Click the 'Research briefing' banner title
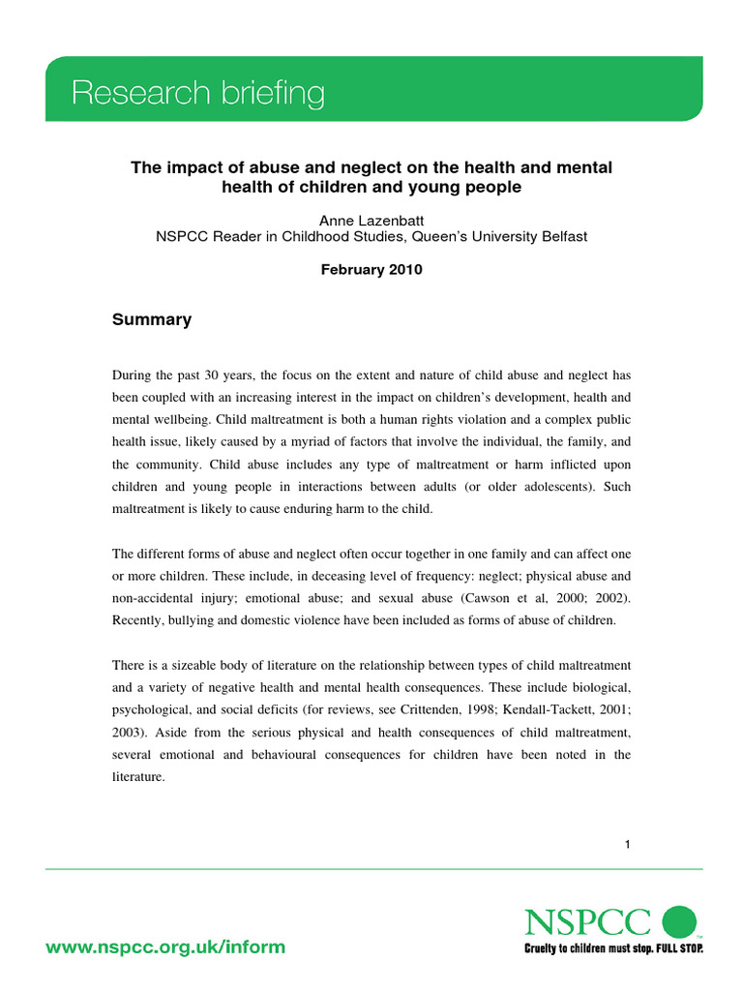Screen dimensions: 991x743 (x=198, y=94)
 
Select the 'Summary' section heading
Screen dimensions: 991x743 (x=152, y=319)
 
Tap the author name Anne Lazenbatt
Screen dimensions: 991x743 (x=371, y=221)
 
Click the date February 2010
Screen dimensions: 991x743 (x=371, y=270)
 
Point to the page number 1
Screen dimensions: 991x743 (x=627, y=845)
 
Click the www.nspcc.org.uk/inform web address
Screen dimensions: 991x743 (x=165, y=946)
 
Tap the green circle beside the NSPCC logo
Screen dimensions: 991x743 (x=678, y=921)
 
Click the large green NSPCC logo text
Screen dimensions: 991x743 (x=588, y=922)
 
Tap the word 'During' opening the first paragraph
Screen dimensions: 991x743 (x=132, y=375)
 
